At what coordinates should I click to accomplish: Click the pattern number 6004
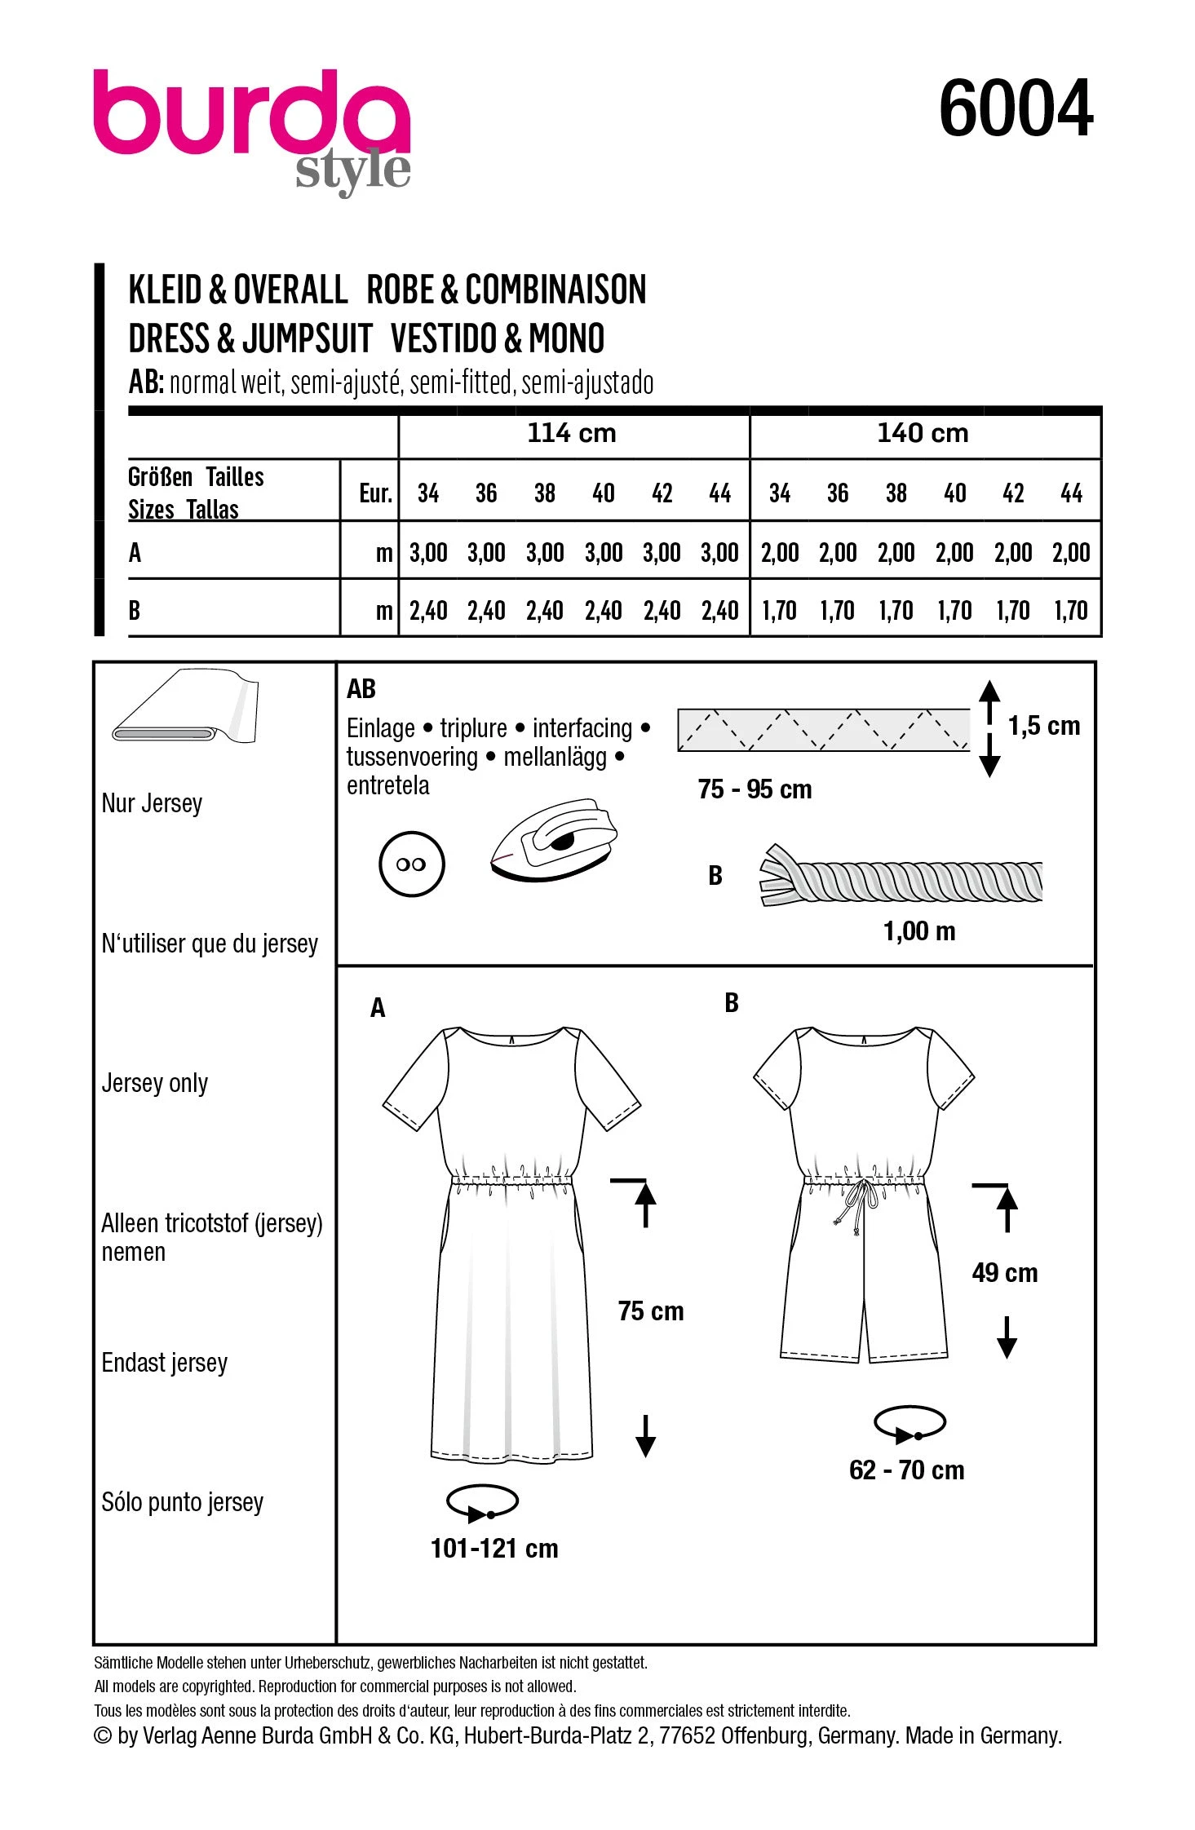tap(1016, 108)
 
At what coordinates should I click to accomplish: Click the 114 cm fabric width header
tap(572, 433)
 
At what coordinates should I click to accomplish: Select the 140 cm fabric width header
tap(923, 433)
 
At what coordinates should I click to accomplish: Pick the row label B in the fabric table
tap(135, 610)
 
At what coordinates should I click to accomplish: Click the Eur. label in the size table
tap(375, 493)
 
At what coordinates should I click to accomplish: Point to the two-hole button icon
tap(412, 864)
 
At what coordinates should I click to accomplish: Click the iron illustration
tap(554, 839)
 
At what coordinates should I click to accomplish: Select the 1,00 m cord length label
tap(919, 931)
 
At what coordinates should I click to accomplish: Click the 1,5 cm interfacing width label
tap(1044, 726)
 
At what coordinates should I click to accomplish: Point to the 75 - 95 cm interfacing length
tap(755, 789)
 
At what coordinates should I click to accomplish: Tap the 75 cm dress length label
tap(651, 1311)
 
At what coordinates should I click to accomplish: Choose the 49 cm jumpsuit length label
tap(1005, 1272)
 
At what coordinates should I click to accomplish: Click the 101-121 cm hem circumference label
tap(494, 1548)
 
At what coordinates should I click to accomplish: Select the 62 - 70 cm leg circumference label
tap(906, 1470)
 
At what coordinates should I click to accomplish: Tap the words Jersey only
tap(155, 1083)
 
